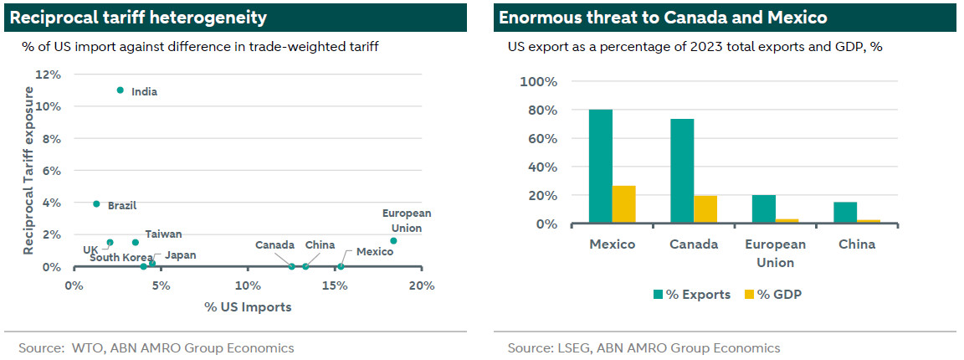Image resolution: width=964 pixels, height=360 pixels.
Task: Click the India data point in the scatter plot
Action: point(120,90)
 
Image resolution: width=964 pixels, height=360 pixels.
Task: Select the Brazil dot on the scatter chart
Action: point(97,203)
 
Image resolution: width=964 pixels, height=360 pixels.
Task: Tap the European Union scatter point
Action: point(393,240)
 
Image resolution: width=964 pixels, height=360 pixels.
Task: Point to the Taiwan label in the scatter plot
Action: point(163,234)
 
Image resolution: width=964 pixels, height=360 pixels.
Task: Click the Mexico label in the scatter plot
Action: point(374,251)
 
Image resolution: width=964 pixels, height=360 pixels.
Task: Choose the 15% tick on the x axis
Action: point(335,285)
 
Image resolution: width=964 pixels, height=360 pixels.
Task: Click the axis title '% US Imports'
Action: point(248,306)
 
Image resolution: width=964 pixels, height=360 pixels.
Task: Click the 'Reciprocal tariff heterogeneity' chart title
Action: point(139,18)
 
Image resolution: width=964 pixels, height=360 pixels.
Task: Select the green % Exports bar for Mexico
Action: point(600,167)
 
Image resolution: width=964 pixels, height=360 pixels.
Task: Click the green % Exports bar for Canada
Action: point(682,171)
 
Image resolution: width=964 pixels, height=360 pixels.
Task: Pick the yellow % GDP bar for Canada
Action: point(705,209)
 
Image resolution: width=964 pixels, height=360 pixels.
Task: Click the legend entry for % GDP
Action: point(768,294)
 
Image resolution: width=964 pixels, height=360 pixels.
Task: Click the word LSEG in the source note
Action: point(574,347)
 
